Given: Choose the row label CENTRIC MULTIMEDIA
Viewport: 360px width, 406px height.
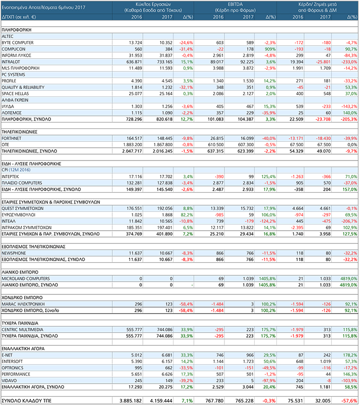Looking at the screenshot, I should pos(22,329).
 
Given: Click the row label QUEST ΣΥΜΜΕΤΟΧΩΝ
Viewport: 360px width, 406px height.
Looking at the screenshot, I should pos(23,208).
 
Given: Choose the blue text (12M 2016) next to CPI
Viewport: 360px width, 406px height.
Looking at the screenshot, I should pos(22,169).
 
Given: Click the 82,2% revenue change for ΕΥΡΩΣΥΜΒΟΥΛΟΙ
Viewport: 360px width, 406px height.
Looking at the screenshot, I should pos(186,215).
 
